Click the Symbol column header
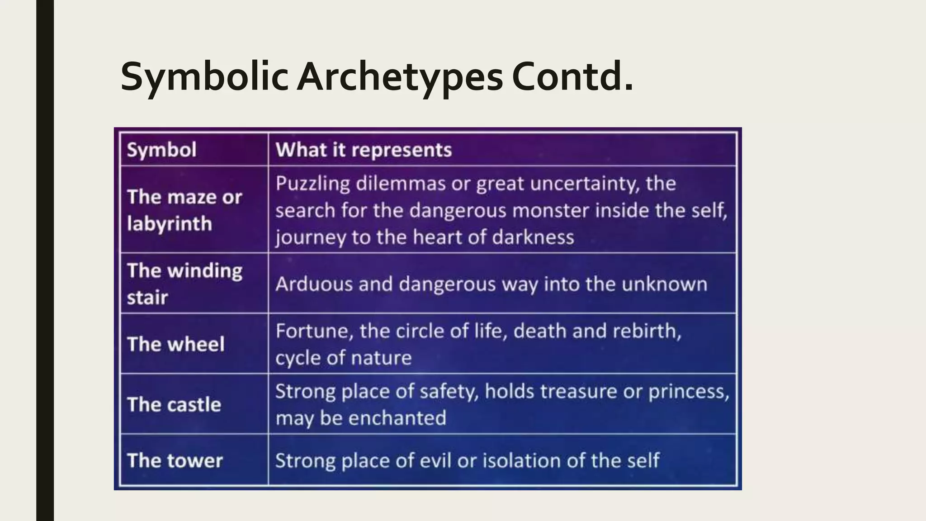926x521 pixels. pyautogui.click(x=161, y=150)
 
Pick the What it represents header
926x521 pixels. pyautogui.click(x=364, y=150)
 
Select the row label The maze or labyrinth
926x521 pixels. pyautogui.click(x=184, y=210)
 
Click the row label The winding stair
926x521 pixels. pyautogui.click(x=184, y=284)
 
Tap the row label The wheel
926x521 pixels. pyautogui.click(x=175, y=344)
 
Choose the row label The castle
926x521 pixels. pyautogui.click(x=174, y=404)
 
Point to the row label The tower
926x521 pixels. pyautogui.click(x=175, y=460)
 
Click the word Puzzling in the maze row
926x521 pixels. pyautogui.click(x=312, y=184)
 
